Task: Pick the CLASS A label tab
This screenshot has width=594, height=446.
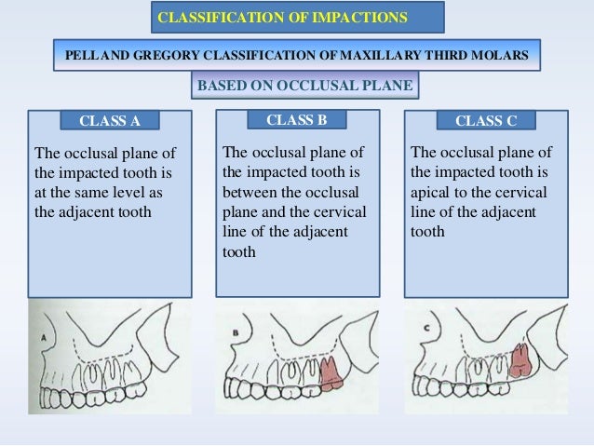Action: tap(109, 121)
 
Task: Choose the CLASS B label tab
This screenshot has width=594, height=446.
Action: tap(296, 120)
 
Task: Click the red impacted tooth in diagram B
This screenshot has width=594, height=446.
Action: tap(330, 372)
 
